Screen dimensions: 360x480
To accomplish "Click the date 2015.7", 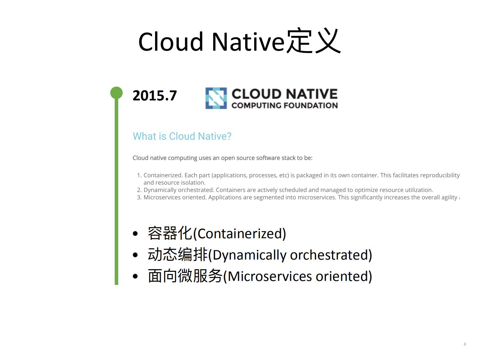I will click(x=154, y=96).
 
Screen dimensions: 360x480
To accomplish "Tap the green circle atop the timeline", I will click(x=116, y=93).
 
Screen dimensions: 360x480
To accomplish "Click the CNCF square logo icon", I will click(x=216, y=98).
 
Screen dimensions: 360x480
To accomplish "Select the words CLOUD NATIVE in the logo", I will click(x=285, y=94).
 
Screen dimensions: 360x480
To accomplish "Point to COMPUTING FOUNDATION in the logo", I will click(x=285, y=105).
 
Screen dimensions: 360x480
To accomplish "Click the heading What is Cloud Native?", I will click(x=182, y=136).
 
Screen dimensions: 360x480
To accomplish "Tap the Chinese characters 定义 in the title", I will click(x=314, y=41).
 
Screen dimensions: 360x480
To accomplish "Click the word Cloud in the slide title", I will click(x=170, y=42).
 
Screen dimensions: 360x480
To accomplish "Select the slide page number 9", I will click(x=465, y=344).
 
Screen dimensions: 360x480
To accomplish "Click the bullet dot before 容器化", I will click(x=135, y=234).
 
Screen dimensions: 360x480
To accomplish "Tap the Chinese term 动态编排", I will click(x=177, y=255).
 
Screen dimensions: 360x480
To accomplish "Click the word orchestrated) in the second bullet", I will click(x=331, y=255).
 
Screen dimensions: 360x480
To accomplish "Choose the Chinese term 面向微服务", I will click(x=185, y=276).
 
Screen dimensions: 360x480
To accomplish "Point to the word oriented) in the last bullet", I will click(x=344, y=277).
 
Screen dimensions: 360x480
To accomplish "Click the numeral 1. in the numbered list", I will click(x=139, y=175).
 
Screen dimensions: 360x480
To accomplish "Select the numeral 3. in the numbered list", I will click(x=139, y=198).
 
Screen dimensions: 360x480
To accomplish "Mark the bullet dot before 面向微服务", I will click(x=135, y=276).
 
